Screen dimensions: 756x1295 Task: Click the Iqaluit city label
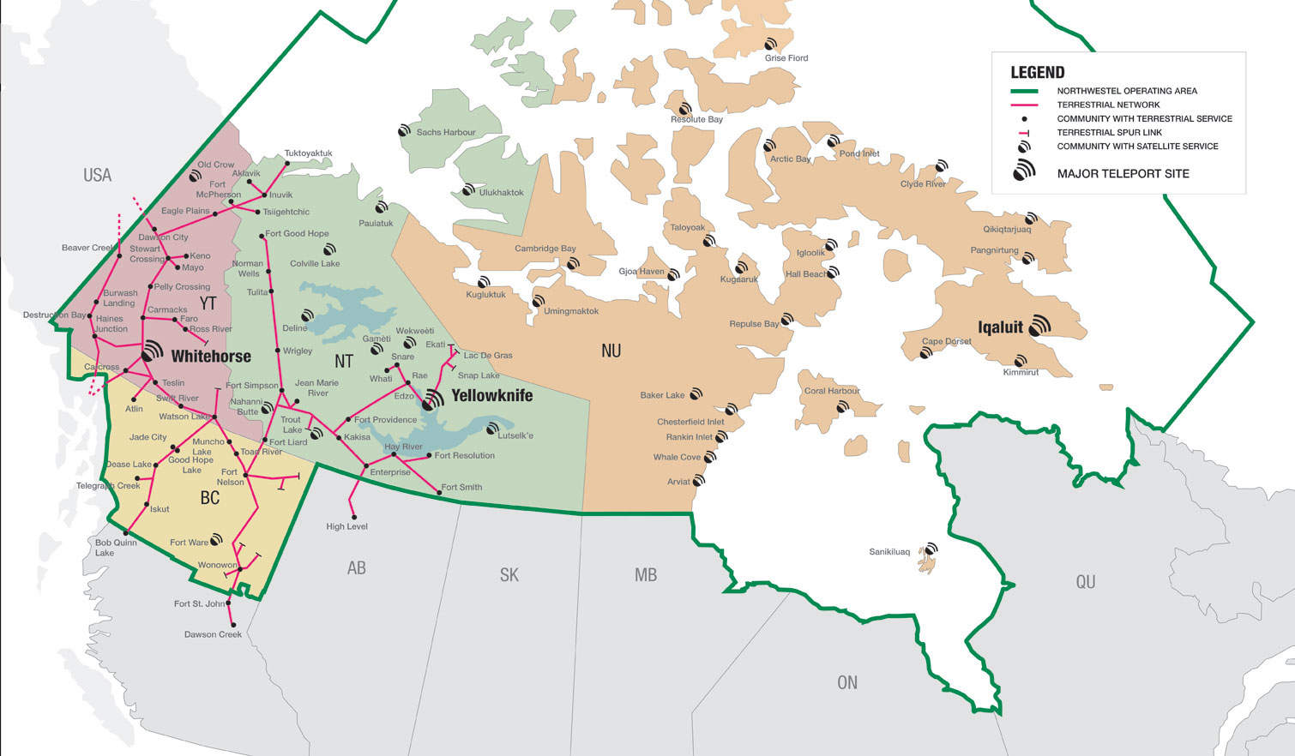1000,327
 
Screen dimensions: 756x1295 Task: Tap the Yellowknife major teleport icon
433,399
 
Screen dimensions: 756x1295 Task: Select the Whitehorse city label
211,357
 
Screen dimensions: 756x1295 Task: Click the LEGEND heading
1037,73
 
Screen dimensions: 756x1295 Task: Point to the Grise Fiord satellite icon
771,45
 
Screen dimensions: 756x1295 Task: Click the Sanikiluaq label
888,552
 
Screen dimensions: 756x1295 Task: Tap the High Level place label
346,526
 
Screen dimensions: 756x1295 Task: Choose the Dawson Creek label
213,634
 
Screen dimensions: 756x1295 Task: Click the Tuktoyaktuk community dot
286,160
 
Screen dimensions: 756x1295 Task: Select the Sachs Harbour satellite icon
404,131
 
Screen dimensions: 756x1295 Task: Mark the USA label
97,175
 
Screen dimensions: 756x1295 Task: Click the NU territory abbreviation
611,351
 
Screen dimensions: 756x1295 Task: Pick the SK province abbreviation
509,575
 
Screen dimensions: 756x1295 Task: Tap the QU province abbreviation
1085,582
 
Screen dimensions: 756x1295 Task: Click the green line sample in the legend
1024,91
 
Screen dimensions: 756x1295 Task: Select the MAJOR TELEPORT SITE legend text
1123,173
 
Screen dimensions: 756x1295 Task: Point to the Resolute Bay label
696,119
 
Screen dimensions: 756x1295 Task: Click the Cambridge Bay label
545,249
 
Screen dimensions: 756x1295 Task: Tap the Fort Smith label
461,487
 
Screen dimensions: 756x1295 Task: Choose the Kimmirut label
1021,372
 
